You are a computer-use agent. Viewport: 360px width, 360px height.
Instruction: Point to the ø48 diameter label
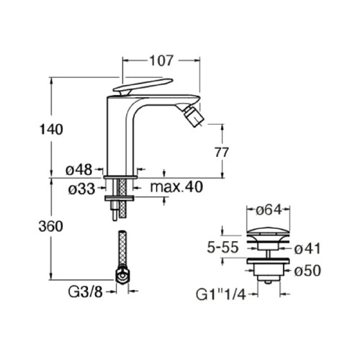[78, 170]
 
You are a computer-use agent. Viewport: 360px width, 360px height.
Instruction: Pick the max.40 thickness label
[177, 188]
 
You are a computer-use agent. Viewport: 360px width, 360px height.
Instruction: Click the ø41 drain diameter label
[308, 249]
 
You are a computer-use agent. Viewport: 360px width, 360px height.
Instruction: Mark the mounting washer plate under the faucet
[120, 196]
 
